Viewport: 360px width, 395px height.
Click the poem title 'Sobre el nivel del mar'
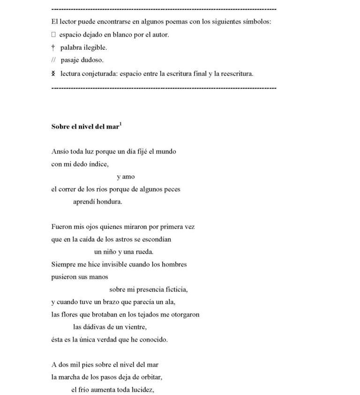point(85,127)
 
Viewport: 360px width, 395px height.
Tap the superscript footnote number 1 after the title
point(120,124)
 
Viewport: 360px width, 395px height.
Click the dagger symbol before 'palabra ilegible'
point(53,47)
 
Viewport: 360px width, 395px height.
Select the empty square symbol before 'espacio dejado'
point(53,35)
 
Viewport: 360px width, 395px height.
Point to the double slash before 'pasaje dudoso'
point(53,60)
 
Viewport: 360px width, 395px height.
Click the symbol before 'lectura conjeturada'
point(53,73)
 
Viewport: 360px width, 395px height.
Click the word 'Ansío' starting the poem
point(60,152)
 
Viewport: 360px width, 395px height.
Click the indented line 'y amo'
point(126,177)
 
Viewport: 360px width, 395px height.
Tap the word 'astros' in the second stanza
point(141,239)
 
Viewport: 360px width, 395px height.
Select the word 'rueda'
point(145,252)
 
